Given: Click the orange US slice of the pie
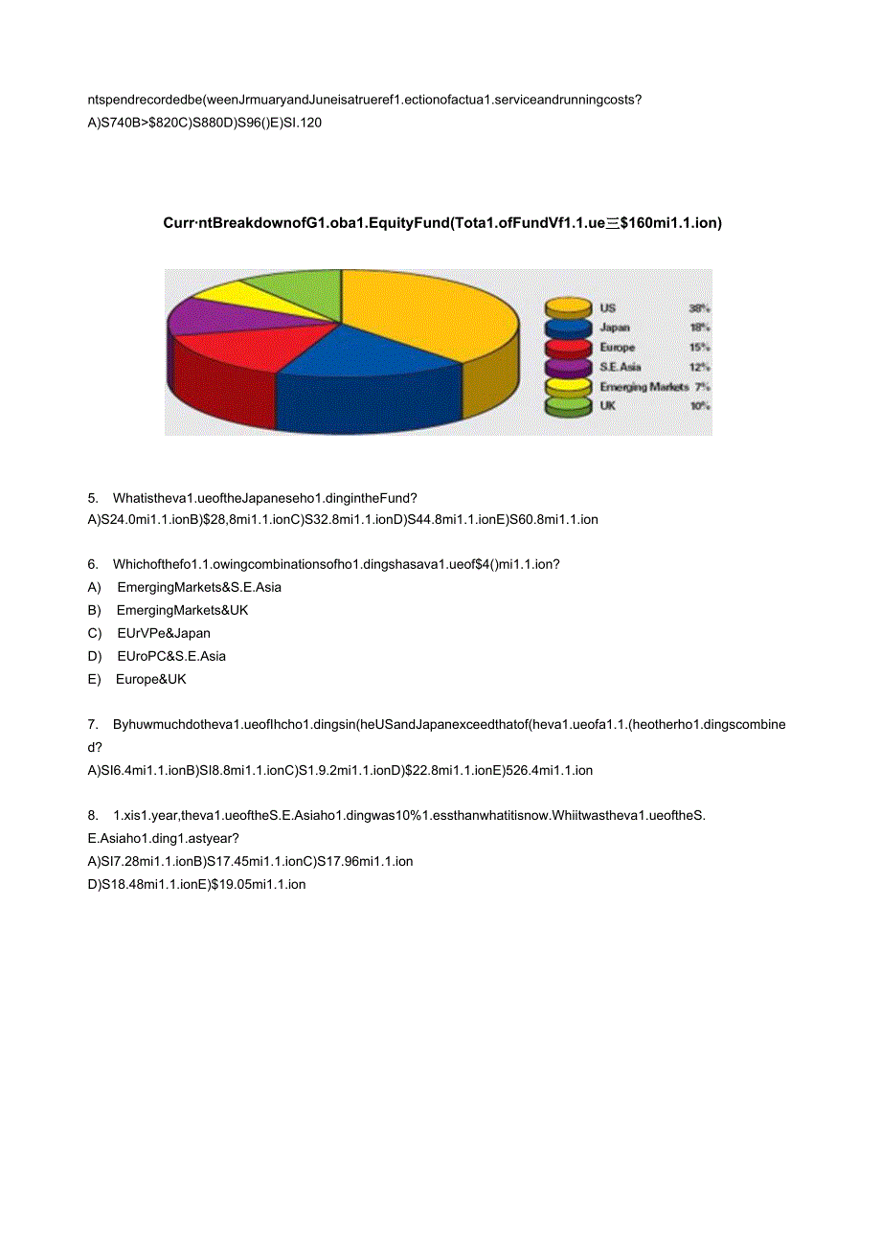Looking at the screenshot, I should pyautogui.click(x=421, y=311).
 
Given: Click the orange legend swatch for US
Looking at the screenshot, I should pyautogui.click(x=568, y=307).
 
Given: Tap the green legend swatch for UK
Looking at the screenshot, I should pyautogui.click(x=568, y=406).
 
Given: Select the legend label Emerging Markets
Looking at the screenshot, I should pyautogui.click(x=644, y=387).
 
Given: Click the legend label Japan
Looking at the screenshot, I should pyautogui.click(x=615, y=328).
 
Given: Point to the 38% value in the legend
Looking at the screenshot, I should pyautogui.click(x=699, y=308).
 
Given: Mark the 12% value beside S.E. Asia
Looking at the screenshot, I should pyautogui.click(x=699, y=367).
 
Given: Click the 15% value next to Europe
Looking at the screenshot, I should pyautogui.click(x=699, y=348).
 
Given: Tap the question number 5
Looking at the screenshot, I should pyautogui.click(x=93, y=497).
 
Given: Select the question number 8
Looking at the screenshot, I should pyautogui.click(x=93, y=815).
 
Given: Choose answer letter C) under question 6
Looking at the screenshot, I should pyautogui.click(x=94, y=633).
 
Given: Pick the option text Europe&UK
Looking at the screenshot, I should pyautogui.click(x=151, y=679).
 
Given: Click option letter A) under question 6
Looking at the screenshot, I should pyautogui.click(x=94, y=587).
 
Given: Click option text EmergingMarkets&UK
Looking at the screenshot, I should pyautogui.click(x=182, y=610).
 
